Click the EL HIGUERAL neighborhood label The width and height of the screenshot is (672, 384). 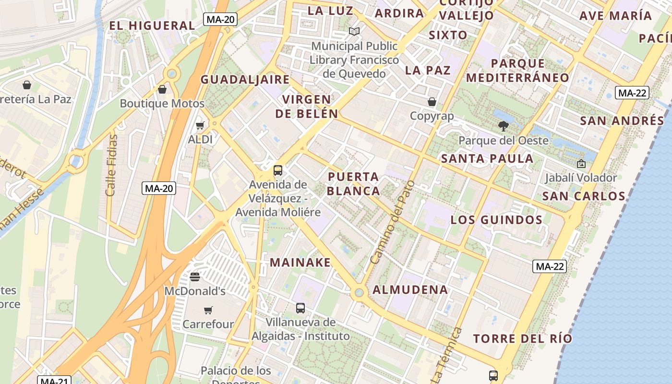point(152,25)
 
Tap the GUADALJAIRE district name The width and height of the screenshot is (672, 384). point(245,80)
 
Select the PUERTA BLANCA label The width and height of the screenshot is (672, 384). point(354,184)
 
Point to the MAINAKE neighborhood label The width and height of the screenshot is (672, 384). point(300,263)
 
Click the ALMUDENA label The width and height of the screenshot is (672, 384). point(410,290)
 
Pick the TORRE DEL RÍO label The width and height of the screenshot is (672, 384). point(523,339)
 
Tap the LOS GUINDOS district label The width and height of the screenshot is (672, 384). point(496,220)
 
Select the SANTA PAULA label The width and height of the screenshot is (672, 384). point(487,159)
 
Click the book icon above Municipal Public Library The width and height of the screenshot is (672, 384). point(354,32)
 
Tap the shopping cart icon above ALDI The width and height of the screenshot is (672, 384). point(200,126)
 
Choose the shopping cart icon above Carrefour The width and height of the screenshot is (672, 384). point(208,310)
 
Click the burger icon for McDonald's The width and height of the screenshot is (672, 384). point(195,277)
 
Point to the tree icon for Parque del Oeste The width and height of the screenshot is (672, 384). point(504,126)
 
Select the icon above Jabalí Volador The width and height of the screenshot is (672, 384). point(581,164)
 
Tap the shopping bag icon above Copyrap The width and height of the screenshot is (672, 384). point(432,102)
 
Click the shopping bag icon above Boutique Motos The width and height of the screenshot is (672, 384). point(162,89)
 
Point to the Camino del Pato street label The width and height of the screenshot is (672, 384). point(392,222)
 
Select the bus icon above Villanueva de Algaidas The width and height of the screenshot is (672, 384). point(300,308)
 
